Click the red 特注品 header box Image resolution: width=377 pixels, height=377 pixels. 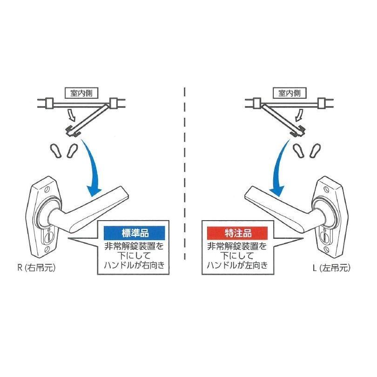pos(236,231)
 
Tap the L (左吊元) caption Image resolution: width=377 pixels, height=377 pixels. pos(332,269)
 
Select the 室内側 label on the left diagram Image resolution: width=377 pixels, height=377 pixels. pos(79,93)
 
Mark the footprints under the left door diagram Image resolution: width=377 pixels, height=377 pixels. pos(63,150)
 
